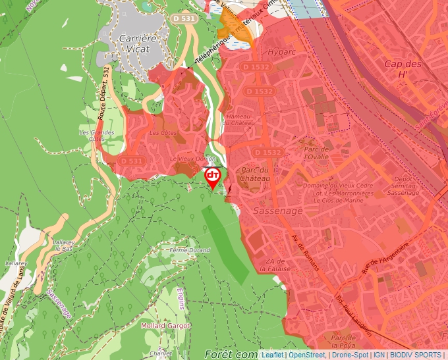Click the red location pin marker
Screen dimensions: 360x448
tap(213, 176)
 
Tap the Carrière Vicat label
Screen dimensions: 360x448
tap(138, 43)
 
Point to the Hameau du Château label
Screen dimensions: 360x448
tap(240, 120)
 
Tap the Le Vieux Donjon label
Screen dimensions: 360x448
tap(193, 159)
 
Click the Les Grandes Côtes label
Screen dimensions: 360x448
tap(97, 135)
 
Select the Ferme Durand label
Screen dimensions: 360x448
tap(189, 251)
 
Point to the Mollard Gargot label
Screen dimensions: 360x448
tap(165, 326)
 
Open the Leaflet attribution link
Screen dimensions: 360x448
tap(273, 355)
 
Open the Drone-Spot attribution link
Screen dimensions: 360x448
tap(350, 355)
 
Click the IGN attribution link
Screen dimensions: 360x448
tap(379, 355)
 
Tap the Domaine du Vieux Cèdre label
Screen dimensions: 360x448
tap(337, 186)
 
